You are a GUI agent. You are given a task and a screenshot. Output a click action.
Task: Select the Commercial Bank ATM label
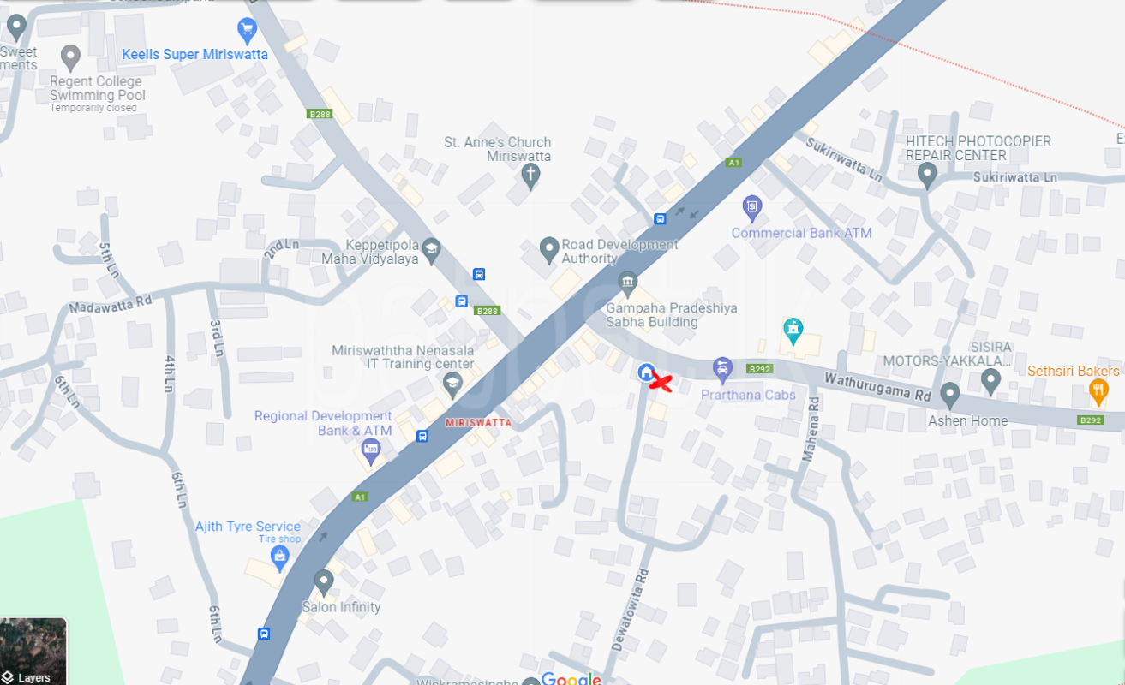[801, 233]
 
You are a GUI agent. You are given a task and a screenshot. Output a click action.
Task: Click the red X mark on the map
[660, 383]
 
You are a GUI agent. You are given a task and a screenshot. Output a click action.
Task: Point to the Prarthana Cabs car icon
[722, 369]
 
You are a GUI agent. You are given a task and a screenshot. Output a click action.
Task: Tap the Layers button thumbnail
[33, 651]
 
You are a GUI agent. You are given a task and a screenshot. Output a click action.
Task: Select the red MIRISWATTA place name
[478, 423]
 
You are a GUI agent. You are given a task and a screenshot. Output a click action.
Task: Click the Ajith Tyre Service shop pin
[278, 557]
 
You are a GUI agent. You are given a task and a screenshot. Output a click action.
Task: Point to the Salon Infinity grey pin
[323, 581]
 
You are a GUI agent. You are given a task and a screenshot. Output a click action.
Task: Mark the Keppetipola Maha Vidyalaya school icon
[431, 248]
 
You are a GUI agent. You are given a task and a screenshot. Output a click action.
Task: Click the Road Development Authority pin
[549, 249]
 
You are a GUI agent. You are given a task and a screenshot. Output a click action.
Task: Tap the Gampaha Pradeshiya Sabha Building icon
[627, 282]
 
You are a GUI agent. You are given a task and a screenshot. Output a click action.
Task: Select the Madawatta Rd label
[111, 304]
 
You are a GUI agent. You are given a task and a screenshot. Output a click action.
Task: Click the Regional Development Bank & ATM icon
[371, 450]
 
